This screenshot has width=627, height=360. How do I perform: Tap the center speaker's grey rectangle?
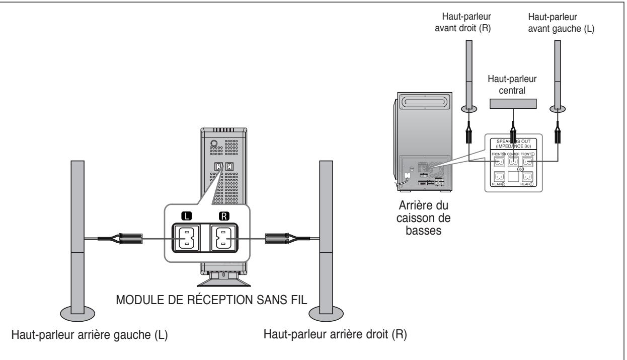pos(513,104)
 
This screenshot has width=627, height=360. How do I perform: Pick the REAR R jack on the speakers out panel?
pos(499,177)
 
